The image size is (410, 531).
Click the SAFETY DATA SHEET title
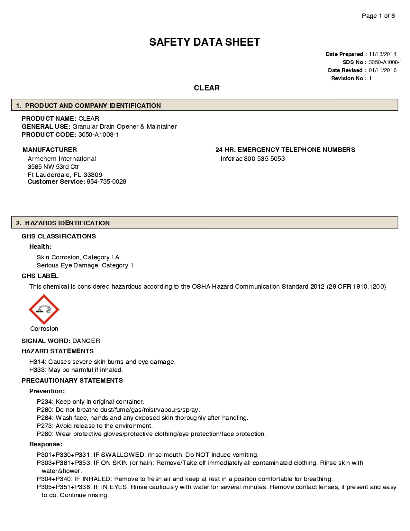coord(205,42)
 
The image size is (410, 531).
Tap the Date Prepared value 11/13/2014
coord(382,54)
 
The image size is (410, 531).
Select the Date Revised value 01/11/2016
coord(382,70)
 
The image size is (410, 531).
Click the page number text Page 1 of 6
coord(378,16)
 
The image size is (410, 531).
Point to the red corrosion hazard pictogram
coord(44,309)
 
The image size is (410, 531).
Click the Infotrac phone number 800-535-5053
coord(264,159)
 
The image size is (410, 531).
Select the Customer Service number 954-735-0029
coord(106,182)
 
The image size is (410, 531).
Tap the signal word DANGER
coord(86,341)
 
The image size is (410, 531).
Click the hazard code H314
coord(37,362)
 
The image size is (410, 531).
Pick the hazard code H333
coord(37,370)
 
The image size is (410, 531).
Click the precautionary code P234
coord(45,402)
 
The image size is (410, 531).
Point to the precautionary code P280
coord(45,434)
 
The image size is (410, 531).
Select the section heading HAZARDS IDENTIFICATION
coord(67,223)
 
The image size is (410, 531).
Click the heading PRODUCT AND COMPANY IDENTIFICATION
coord(93,106)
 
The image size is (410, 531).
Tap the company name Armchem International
coord(62,159)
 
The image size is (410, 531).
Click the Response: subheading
coord(46,444)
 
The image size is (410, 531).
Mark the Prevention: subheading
coord(47,391)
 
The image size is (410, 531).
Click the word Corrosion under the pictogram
coord(44,329)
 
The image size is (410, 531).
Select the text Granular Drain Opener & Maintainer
coord(124,126)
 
